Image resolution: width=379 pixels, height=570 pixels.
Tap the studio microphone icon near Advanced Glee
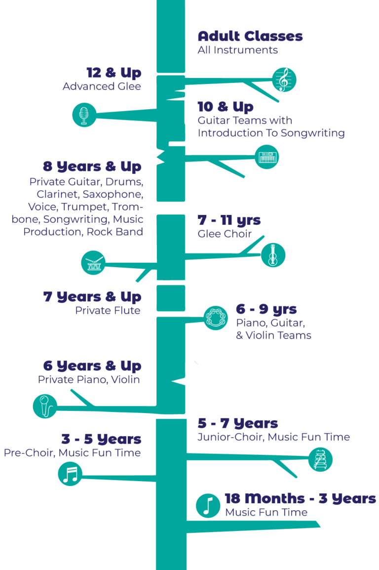83,115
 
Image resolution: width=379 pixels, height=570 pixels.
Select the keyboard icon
267,157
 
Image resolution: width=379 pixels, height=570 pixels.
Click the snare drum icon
93,263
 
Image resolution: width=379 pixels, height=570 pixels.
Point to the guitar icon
273,255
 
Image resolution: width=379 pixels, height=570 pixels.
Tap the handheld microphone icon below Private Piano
45,406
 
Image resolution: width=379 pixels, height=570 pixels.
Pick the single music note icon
208,505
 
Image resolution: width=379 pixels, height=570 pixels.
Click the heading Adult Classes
250,37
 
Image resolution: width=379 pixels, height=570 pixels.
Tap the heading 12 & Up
114,73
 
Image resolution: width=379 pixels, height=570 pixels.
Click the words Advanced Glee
102,87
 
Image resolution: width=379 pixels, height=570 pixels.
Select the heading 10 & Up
226,107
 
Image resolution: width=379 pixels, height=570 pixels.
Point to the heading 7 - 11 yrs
229,220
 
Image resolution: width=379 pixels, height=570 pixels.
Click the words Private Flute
108,311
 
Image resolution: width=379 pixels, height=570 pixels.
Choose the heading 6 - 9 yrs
266,310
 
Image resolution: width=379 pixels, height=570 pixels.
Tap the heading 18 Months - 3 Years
300,499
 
